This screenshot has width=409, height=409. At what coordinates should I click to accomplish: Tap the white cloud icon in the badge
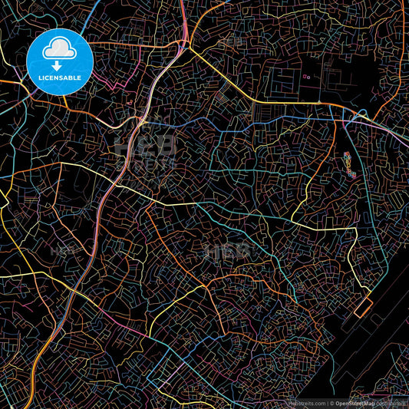pos(59,49)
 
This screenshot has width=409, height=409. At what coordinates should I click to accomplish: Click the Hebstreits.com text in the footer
pos(306,403)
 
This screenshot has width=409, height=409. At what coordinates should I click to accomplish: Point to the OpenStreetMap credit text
pos(354,403)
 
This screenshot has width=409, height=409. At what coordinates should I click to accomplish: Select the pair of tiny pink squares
pos(306,76)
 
